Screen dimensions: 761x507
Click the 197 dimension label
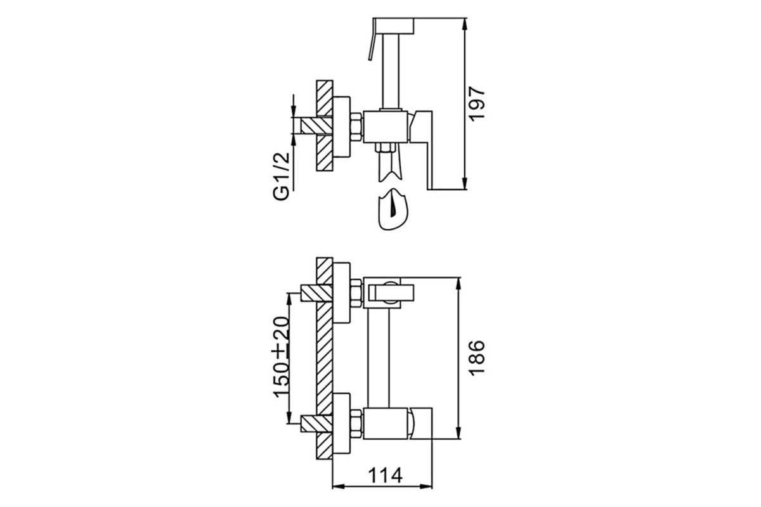(x=477, y=103)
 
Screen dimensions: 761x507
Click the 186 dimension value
(x=476, y=357)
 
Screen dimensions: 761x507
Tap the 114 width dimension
(x=385, y=475)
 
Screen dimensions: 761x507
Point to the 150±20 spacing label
(x=282, y=357)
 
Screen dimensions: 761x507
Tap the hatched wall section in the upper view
(x=325, y=125)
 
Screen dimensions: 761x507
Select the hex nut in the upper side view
(x=356, y=127)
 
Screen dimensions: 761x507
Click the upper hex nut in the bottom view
(x=356, y=293)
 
